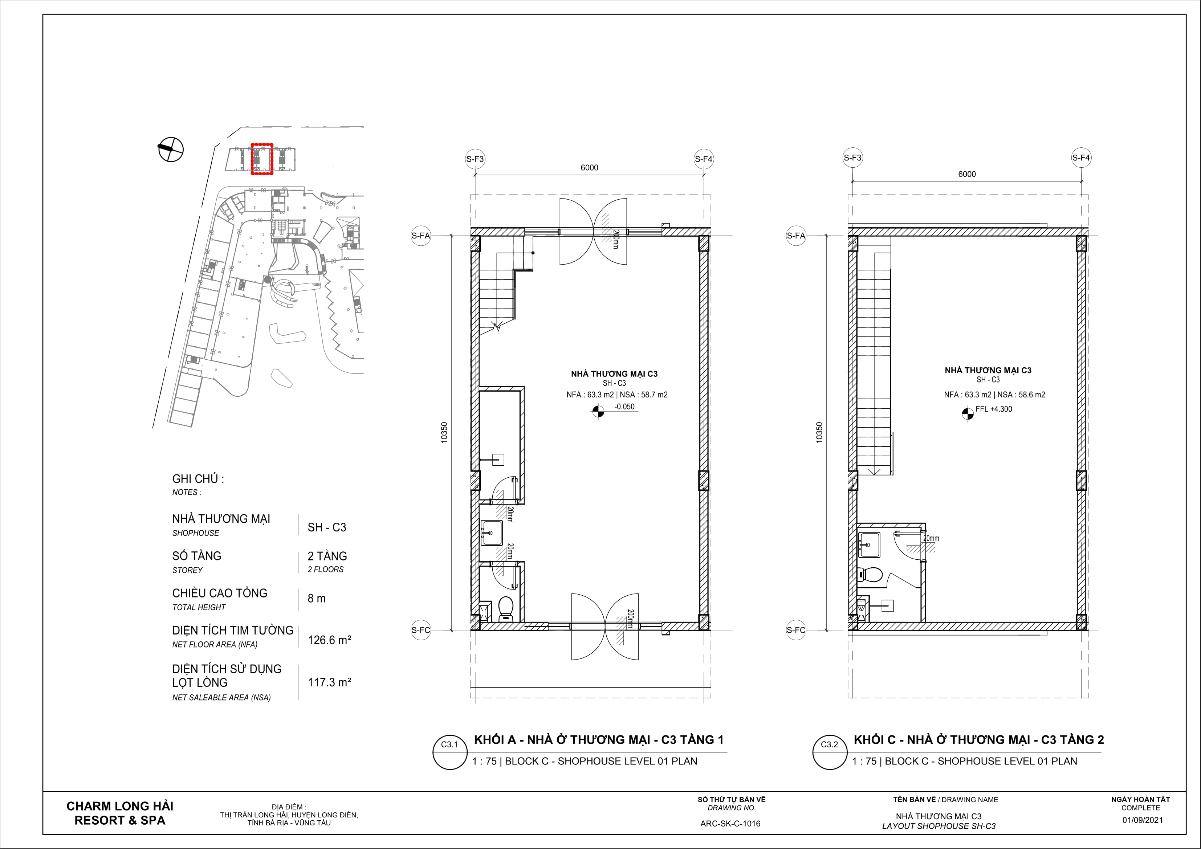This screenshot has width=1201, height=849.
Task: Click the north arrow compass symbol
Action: pyautogui.click(x=171, y=149)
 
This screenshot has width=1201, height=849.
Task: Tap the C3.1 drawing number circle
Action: pyautogui.click(x=449, y=753)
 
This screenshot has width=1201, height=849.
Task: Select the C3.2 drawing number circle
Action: pyautogui.click(x=829, y=753)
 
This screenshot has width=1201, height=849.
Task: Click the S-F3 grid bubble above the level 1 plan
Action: pyautogui.click(x=475, y=159)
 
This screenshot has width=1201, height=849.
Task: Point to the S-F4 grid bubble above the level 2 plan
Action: pyautogui.click(x=1081, y=158)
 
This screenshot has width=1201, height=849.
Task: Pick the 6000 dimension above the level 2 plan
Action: pyautogui.click(x=967, y=174)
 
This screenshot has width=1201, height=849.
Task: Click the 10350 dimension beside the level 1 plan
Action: pyautogui.click(x=444, y=433)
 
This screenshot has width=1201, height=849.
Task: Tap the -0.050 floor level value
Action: pyautogui.click(x=624, y=407)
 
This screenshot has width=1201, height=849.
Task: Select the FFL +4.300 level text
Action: pyautogui.click(x=993, y=409)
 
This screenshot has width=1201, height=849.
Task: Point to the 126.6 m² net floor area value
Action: pyautogui.click(x=329, y=640)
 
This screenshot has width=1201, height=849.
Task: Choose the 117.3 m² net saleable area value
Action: pyautogui.click(x=329, y=682)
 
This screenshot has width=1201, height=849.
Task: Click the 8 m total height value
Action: pyautogui.click(x=317, y=599)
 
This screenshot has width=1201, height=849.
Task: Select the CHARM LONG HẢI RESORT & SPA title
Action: pyautogui.click(x=120, y=813)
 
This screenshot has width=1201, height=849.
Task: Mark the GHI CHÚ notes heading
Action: pyautogui.click(x=198, y=479)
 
